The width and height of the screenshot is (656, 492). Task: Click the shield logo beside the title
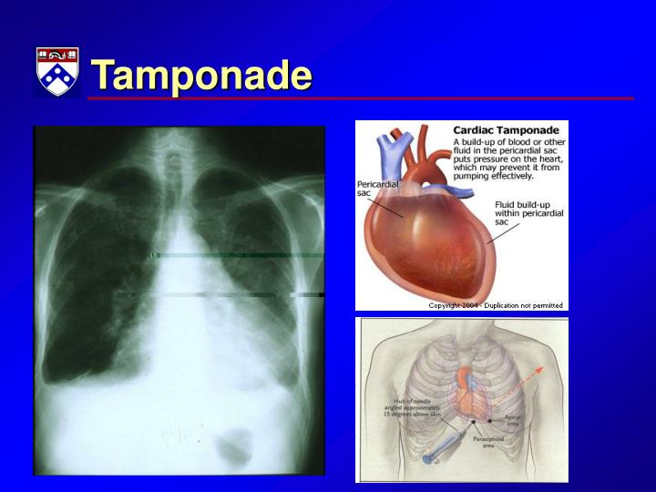click(x=56, y=71)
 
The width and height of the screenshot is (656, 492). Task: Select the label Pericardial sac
click(x=376, y=188)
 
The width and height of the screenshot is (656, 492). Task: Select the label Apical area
click(x=512, y=421)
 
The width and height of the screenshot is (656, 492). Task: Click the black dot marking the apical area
click(x=491, y=419)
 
